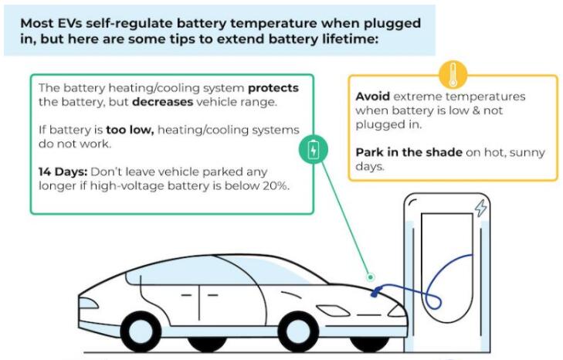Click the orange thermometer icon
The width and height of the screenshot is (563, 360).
point(453,75)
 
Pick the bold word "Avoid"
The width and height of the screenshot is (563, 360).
point(373,97)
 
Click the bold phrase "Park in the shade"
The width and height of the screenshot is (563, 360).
point(408,152)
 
